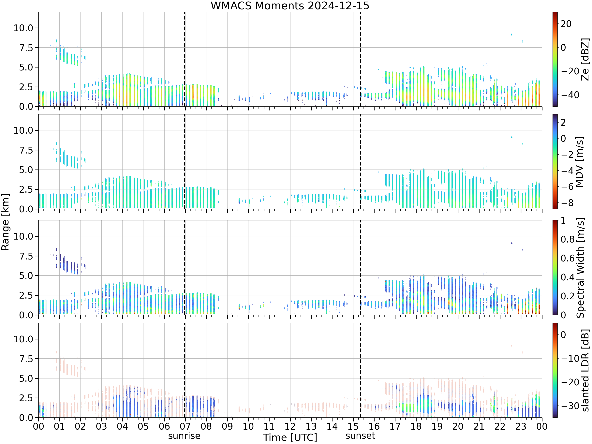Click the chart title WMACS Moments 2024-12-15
(290, 6)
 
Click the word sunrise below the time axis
(184, 436)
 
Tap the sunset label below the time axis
(360, 436)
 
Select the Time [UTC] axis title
(290, 437)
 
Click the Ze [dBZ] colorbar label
(585, 59)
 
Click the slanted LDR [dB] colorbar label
(585, 370)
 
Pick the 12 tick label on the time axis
(290, 426)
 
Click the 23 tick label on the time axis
(521, 426)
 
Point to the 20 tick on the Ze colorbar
(566, 24)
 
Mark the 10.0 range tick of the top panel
(23, 28)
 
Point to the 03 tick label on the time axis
(101, 426)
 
